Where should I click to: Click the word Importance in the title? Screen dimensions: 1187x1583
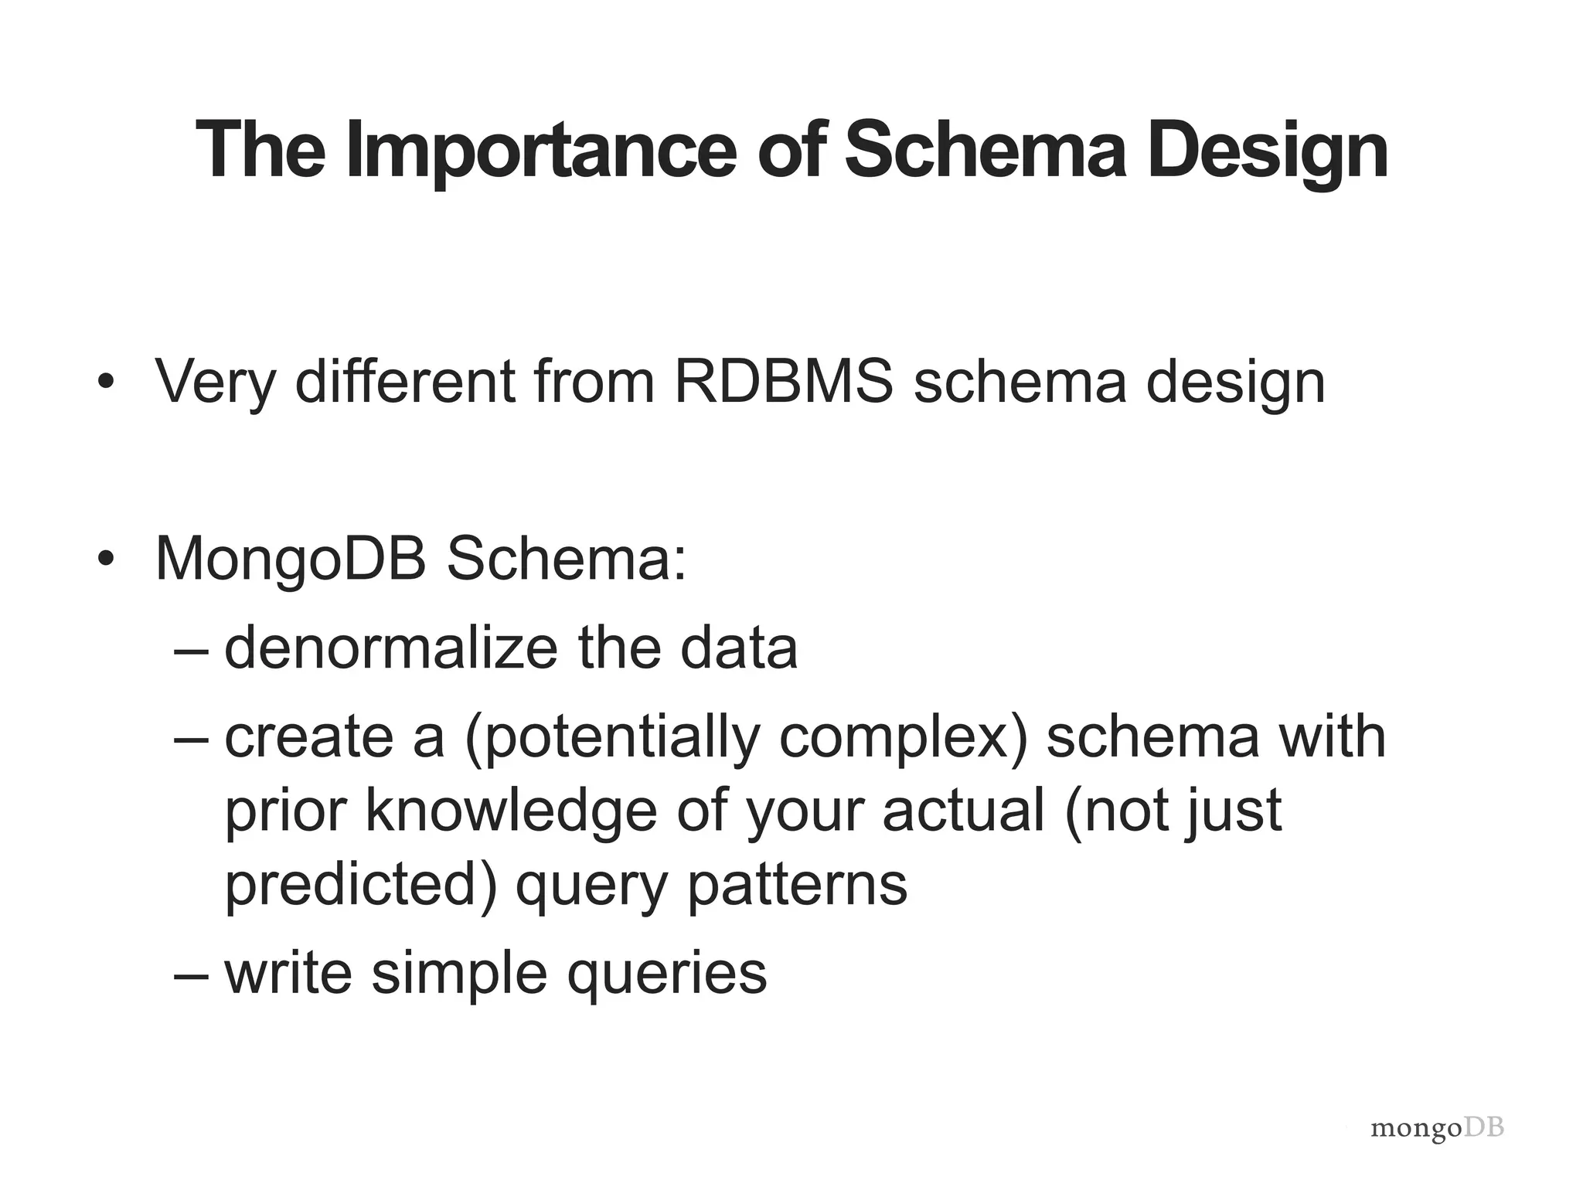coord(541,151)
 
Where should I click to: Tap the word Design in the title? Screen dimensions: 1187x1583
coord(1268,151)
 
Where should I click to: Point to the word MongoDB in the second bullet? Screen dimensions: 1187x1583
coord(291,559)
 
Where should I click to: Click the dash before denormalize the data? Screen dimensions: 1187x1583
coord(191,649)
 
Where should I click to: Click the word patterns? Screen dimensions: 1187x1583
coord(797,885)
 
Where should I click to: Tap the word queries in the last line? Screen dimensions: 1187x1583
coord(666,974)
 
